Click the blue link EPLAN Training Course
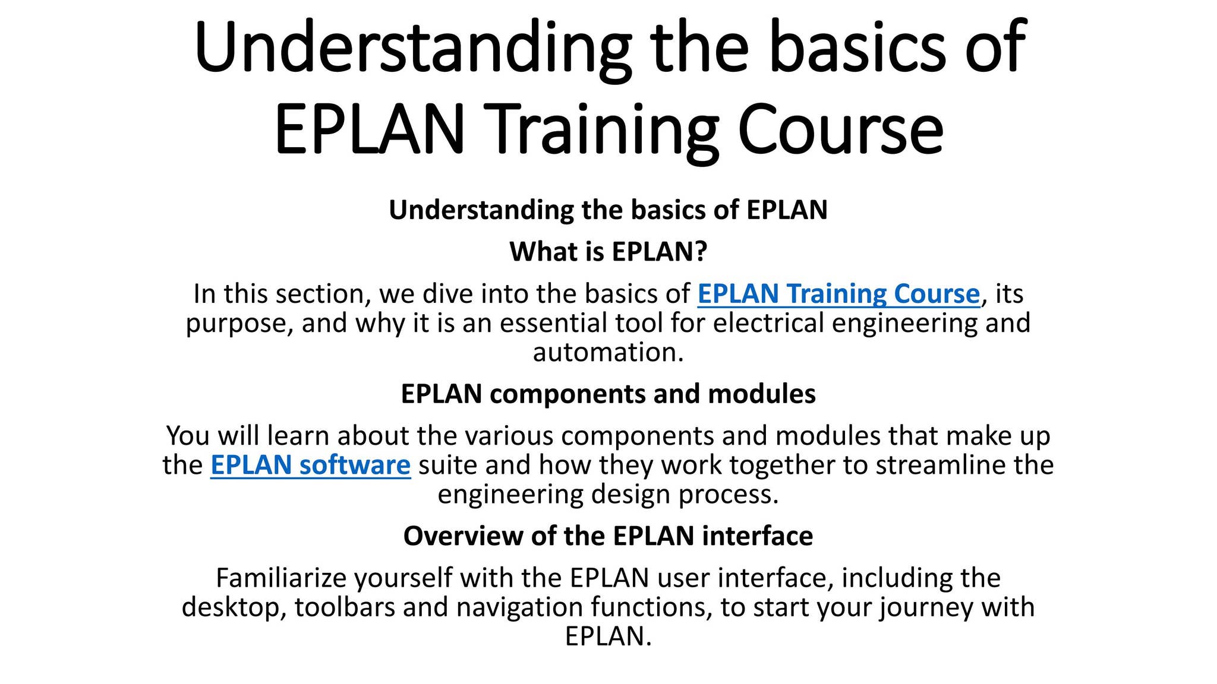pos(838,294)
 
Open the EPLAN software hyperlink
pos(310,465)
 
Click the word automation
pos(607,352)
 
